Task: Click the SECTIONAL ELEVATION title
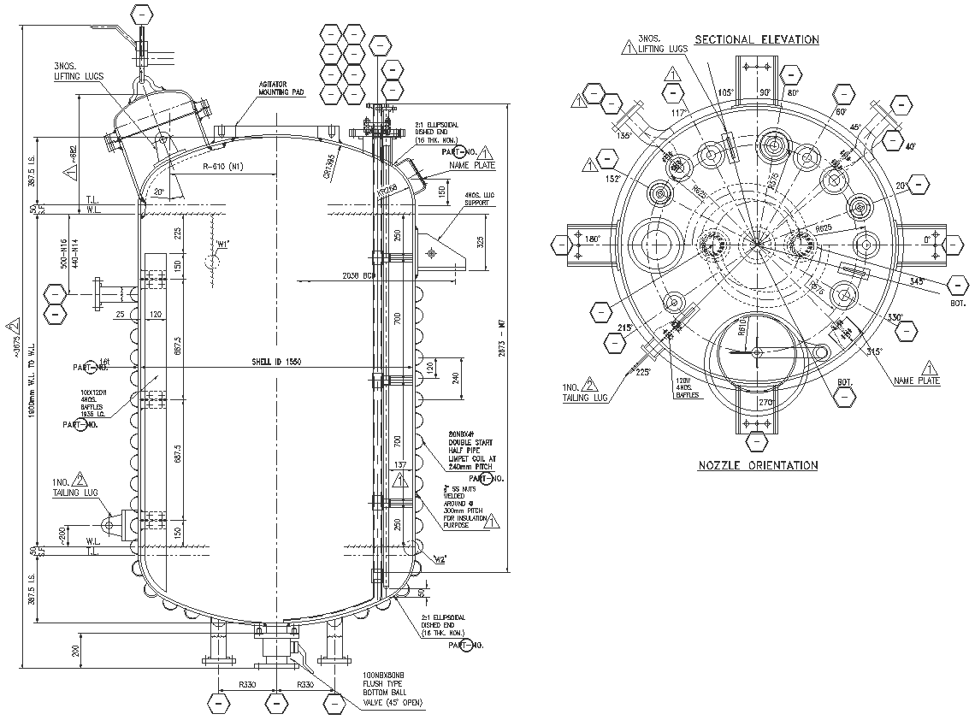(756, 39)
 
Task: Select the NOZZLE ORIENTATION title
(757, 465)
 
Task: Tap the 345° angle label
(917, 281)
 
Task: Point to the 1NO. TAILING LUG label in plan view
(586, 392)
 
